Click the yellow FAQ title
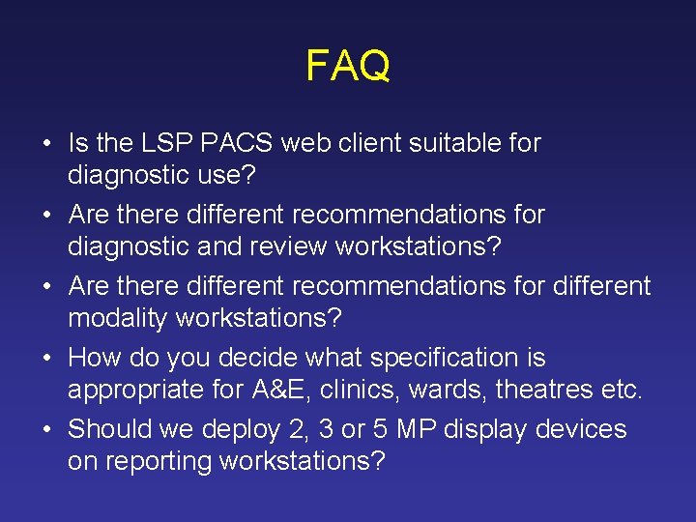348,67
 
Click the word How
93,358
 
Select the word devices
580,429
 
